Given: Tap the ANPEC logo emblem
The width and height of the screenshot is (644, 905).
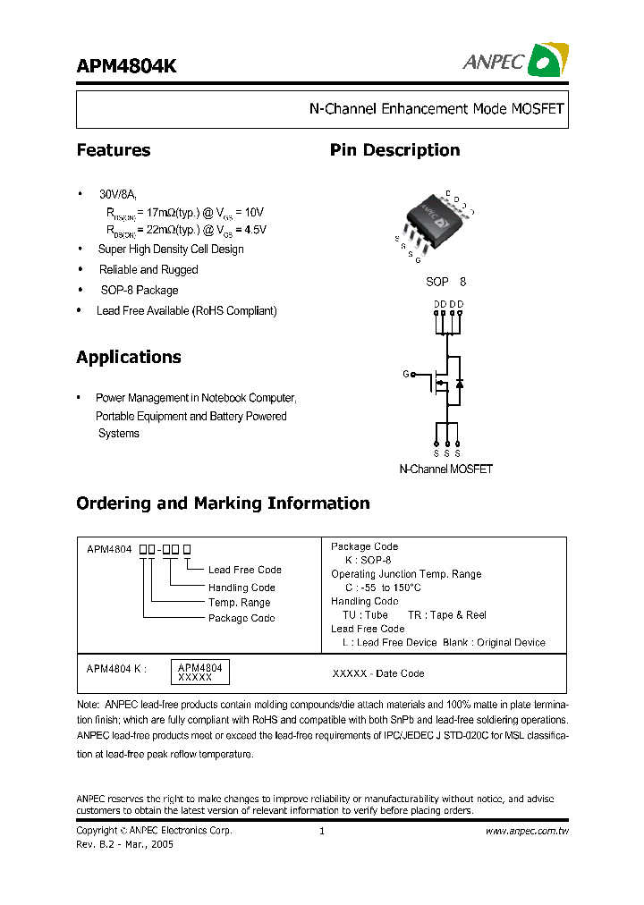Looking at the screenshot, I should [x=547, y=60].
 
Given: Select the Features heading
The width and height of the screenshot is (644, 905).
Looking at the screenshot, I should [x=114, y=150].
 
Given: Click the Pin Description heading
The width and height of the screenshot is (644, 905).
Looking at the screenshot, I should [x=394, y=150].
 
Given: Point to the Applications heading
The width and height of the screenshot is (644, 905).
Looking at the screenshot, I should [x=129, y=358].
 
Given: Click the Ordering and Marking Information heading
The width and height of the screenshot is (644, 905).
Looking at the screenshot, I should [x=223, y=503].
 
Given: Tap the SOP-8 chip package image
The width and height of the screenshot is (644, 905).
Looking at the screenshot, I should [x=433, y=219].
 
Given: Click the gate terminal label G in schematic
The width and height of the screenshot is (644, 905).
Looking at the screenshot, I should [x=406, y=374].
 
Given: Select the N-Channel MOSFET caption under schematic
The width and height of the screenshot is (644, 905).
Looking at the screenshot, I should [x=445, y=469].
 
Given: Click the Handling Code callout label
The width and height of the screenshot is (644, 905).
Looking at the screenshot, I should [x=241, y=588].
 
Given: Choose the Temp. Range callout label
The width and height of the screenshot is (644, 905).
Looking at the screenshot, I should [x=239, y=603].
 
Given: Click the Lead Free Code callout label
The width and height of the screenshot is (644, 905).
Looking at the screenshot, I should [x=244, y=570].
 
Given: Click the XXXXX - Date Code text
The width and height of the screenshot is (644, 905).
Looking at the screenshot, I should [x=378, y=673].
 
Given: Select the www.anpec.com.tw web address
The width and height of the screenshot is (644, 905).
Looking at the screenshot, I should [x=527, y=831].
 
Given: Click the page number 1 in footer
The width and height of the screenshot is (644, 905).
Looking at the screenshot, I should [x=321, y=831].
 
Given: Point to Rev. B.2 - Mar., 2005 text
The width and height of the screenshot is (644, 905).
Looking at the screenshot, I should [x=125, y=844].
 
